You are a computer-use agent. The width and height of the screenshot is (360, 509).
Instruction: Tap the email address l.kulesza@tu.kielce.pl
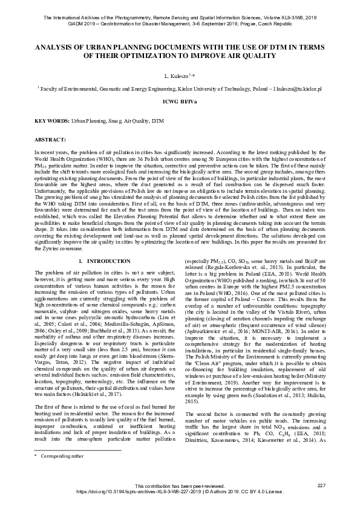[295, 88]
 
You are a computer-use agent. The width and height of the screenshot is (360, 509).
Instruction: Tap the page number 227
[321, 486]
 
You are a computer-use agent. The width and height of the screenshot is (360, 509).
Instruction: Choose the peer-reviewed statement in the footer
[180, 486]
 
